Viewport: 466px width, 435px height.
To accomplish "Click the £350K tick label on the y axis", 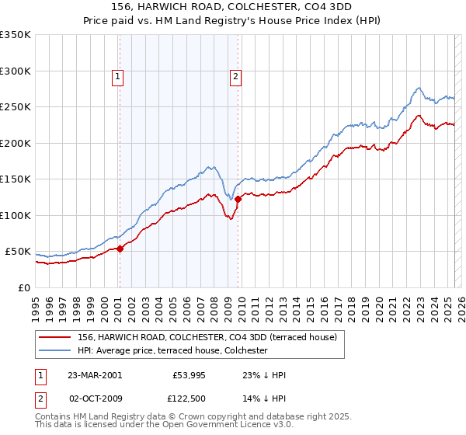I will (16, 35).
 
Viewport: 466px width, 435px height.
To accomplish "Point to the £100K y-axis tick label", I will (16, 215).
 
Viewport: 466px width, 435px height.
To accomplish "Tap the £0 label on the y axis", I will (23, 287).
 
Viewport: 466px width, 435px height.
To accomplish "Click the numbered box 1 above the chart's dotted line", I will (117, 76).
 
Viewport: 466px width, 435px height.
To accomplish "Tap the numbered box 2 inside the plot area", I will (235, 76).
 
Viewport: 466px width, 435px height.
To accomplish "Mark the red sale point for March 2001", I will (120, 249).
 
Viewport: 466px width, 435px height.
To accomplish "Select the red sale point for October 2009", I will (238, 200).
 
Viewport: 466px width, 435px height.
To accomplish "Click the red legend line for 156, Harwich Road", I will (55, 337).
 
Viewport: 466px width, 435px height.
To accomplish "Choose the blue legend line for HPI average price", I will (55, 350).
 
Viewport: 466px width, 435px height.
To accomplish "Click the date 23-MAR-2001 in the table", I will (95, 375).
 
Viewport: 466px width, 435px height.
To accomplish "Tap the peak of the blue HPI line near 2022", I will (419, 88).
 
